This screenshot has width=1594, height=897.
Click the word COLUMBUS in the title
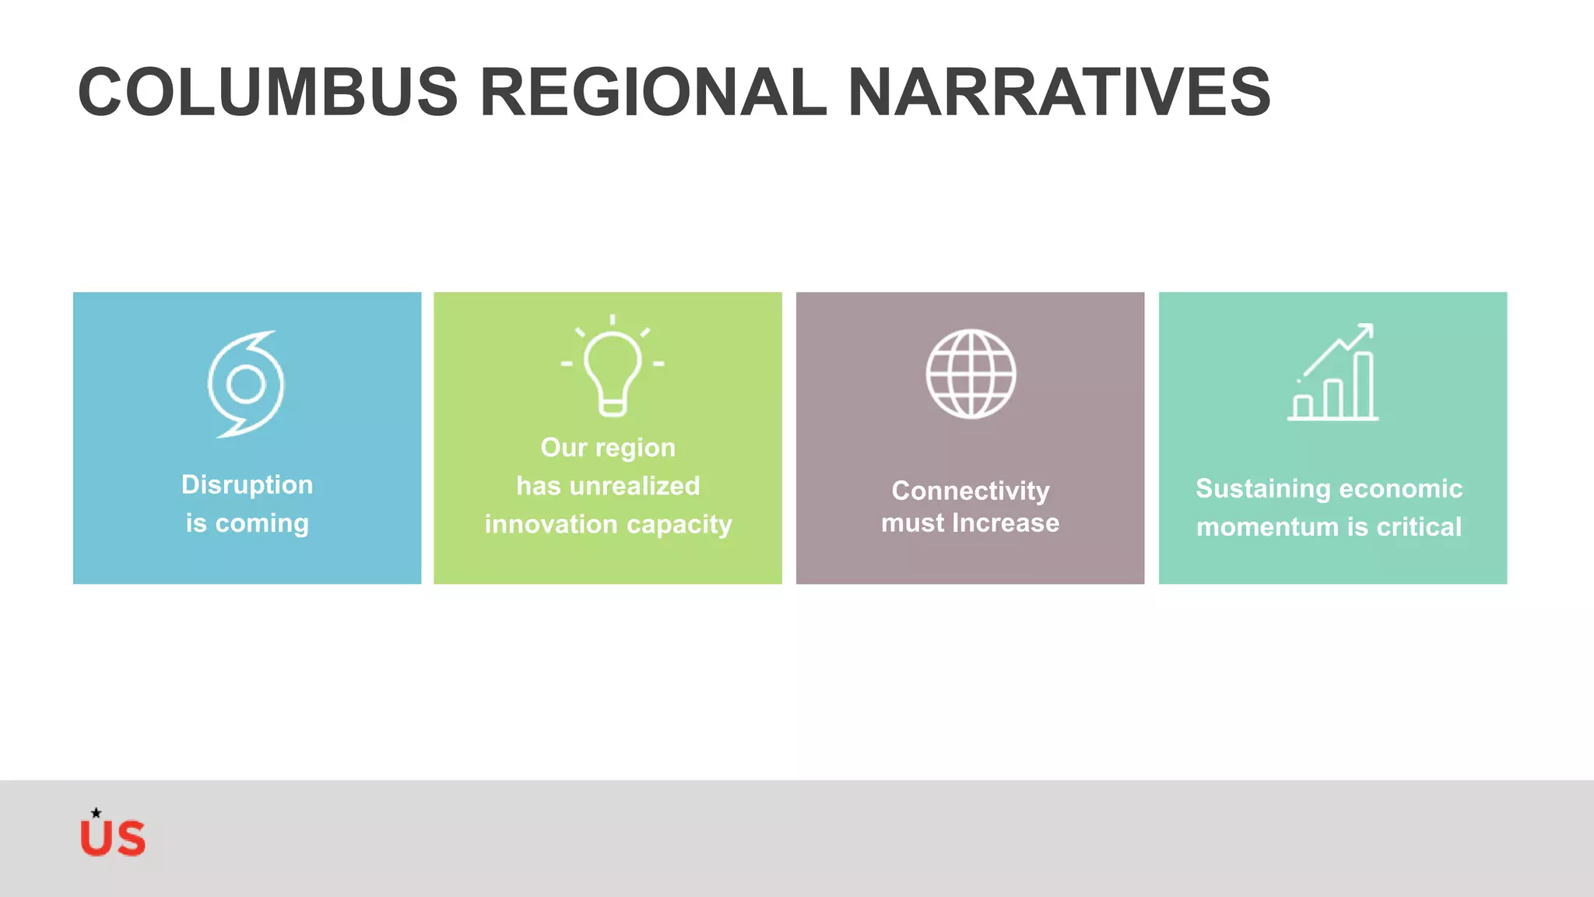pos(268,92)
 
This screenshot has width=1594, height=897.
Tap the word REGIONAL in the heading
pos(652,92)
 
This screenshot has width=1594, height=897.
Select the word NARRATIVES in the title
pos(1059,92)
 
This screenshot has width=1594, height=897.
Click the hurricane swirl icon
pos(247,384)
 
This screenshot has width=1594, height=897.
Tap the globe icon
pos(971,374)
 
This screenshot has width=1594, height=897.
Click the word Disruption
pos(247,484)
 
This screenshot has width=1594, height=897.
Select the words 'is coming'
pos(247,522)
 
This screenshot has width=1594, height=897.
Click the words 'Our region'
pos(608,448)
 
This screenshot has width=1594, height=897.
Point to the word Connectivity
pos(971,491)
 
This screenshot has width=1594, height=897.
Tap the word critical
pos(1419,527)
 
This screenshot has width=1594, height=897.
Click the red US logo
pos(113,838)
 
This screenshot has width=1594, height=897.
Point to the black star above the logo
pos(96,813)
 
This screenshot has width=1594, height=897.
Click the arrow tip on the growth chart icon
pos(1368,328)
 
